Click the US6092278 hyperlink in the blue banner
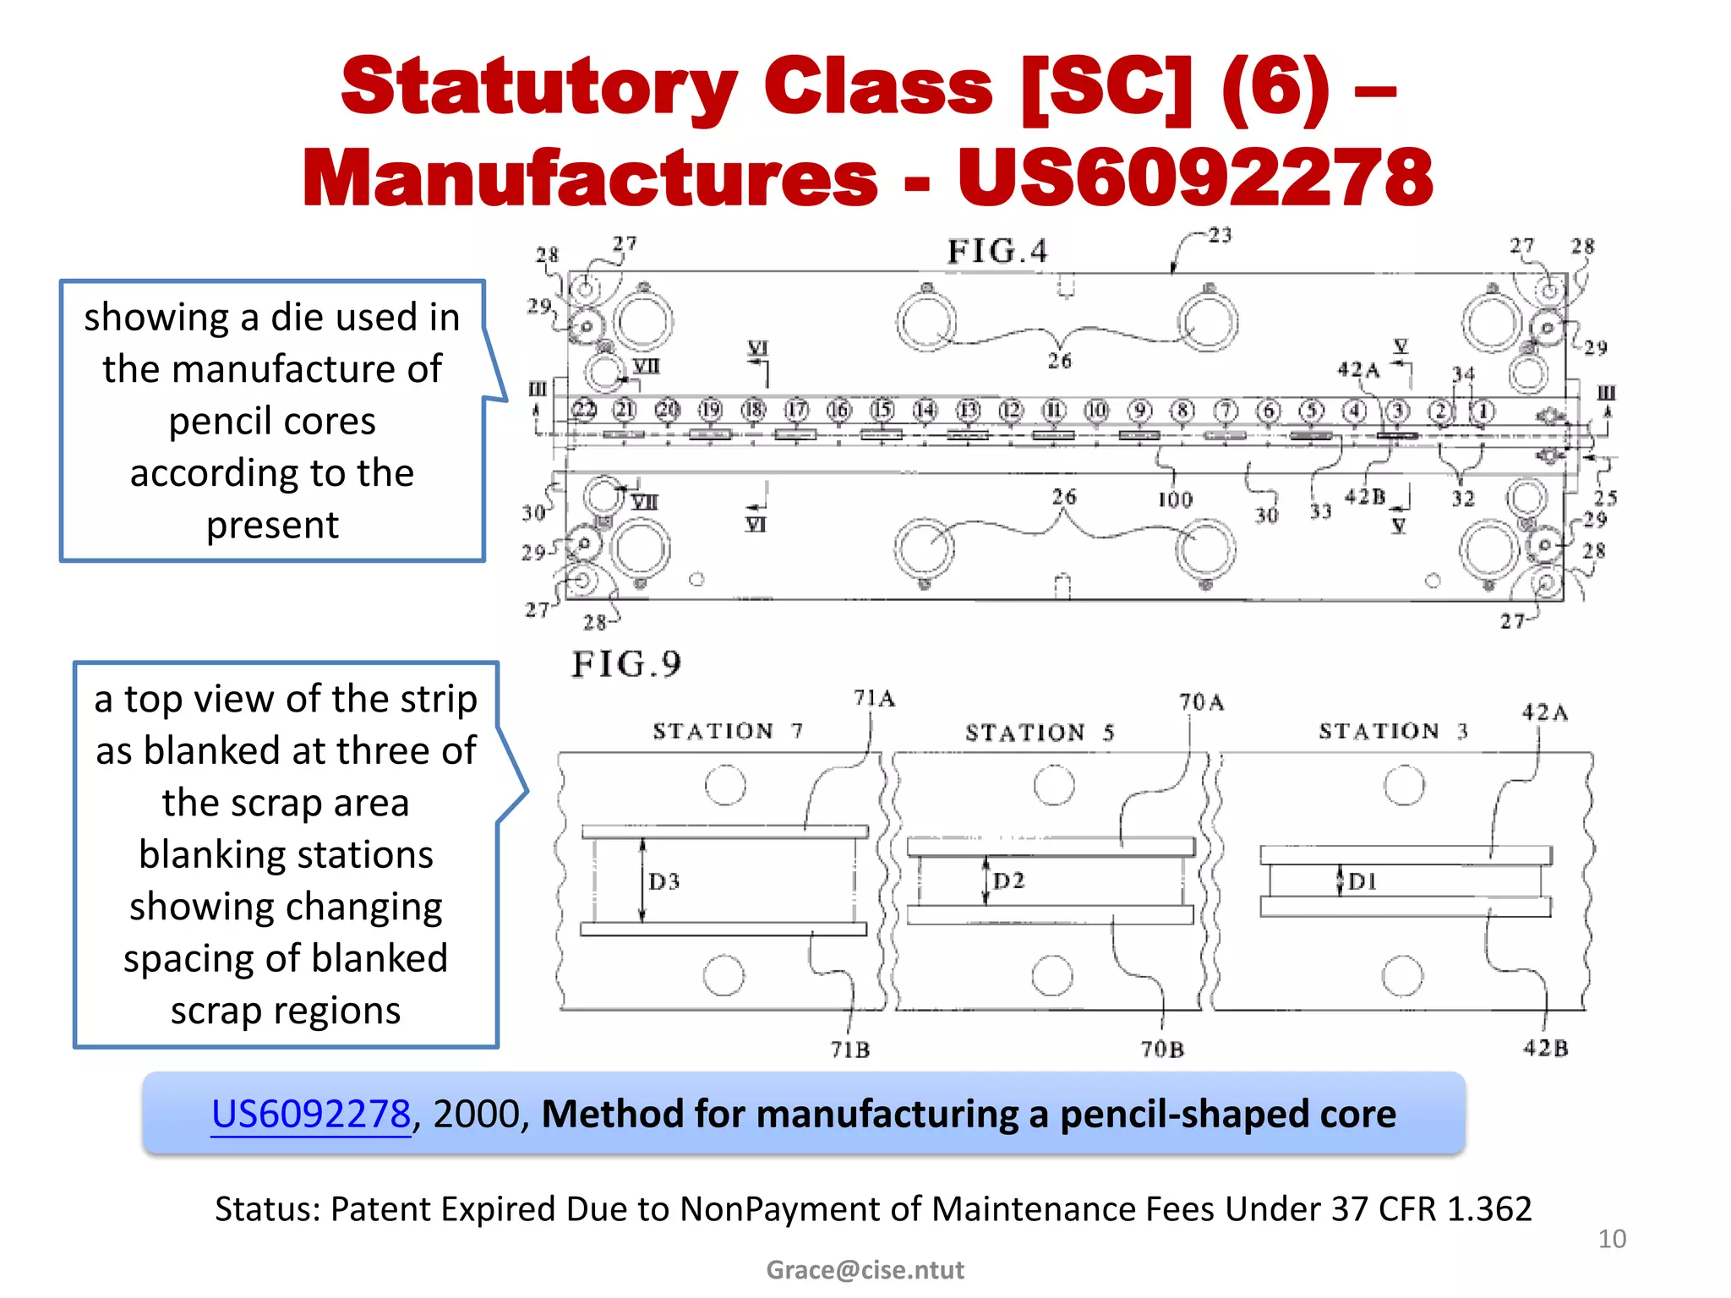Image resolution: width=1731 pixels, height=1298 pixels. click(x=310, y=1114)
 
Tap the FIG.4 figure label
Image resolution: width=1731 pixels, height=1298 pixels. click(x=997, y=251)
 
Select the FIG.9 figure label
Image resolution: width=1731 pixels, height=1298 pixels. click(x=626, y=664)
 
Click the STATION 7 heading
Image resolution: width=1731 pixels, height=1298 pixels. click(x=728, y=731)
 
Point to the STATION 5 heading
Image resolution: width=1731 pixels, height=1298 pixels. click(x=1040, y=733)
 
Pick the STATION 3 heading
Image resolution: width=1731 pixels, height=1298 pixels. click(x=1394, y=731)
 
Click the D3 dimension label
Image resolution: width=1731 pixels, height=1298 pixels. click(x=664, y=881)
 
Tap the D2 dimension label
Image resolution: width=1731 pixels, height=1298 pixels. click(x=1009, y=881)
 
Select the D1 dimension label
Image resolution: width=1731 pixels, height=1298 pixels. click(x=1362, y=881)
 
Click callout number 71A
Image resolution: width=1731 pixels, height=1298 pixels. click(x=874, y=699)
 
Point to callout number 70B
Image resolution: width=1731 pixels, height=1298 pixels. click(x=1163, y=1050)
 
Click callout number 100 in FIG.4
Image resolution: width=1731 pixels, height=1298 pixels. click(x=1175, y=500)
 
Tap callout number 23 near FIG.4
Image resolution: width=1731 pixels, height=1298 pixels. click(x=1220, y=235)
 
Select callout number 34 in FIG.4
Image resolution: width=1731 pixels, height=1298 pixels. click(x=1464, y=374)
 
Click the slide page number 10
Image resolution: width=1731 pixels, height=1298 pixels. click(x=1612, y=1239)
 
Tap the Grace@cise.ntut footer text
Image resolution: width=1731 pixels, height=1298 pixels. click(x=865, y=1269)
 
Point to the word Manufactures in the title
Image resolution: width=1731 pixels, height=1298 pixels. click(x=590, y=177)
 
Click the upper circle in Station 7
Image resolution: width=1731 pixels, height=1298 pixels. click(x=725, y=785)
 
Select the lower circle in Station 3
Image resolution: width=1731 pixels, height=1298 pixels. click(x=1403, y=976)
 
